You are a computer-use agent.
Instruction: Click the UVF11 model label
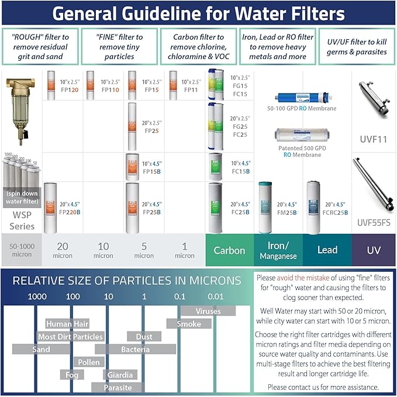click(372, 140)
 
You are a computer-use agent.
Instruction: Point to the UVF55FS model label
click(372, 222)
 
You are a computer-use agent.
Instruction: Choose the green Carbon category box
click(229, 250)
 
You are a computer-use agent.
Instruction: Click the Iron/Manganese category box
click(278, 251)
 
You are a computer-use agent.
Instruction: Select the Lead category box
click(327, 250)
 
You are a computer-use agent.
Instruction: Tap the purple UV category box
click(373, 250)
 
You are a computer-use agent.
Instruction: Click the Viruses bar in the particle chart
click(208, 311)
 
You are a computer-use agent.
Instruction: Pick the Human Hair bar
click(67, 324)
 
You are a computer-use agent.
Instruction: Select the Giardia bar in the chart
click(120, 375)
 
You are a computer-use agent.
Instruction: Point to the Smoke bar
click(188, 324)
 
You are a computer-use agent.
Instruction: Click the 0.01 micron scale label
click(216, 296)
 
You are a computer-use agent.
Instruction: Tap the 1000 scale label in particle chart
click(37, 296)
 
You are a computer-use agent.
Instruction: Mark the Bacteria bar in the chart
click(135, 350)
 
